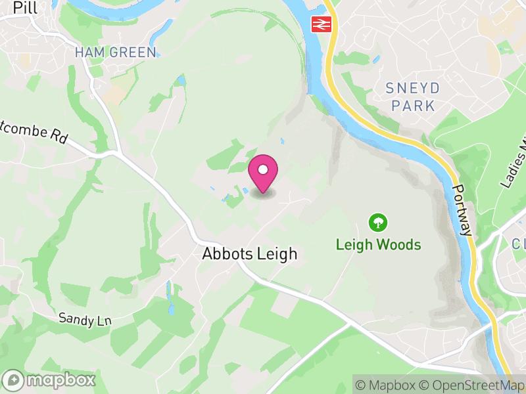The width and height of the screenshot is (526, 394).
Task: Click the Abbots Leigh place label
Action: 250,253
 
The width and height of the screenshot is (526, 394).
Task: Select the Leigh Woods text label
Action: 378,245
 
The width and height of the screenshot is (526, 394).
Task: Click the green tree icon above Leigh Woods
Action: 378,223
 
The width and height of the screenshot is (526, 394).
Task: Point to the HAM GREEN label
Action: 116,53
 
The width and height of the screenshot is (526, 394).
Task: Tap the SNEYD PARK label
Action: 412,97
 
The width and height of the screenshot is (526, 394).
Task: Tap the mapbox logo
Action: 50,380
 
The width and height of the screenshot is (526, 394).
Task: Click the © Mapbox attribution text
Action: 387,385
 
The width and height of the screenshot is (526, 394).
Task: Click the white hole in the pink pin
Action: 263,169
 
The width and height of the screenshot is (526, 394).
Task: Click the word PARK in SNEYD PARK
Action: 412,105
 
